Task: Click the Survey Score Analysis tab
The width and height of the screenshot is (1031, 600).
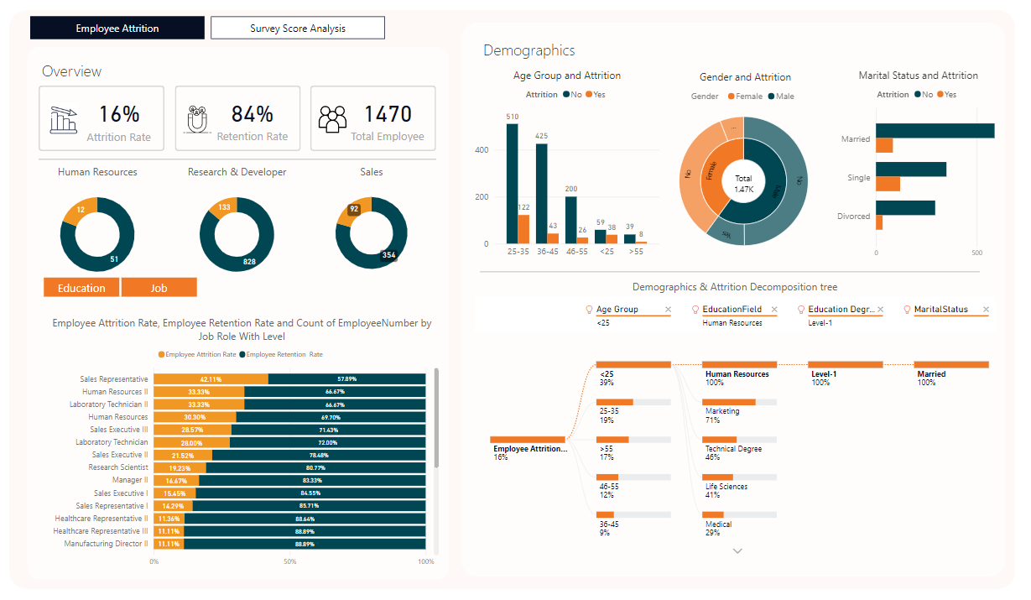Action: [297, 28]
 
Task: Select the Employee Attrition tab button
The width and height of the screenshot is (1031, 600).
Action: [117, 28]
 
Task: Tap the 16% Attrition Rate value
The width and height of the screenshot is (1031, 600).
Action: [119, 114]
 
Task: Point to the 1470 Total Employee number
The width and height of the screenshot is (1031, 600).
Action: [388, 114]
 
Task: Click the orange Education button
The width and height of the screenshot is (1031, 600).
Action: [81, 288]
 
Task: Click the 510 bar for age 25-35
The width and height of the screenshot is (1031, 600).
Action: [512, 184]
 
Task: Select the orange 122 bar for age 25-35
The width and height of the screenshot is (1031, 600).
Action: [523, 229]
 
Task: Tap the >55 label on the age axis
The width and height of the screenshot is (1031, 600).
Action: [635, 250]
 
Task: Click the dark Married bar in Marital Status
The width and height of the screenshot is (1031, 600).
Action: [935, 131]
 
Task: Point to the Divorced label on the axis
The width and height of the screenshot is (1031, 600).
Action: [854, 216]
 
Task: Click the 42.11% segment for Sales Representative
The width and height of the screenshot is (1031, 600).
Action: [211, 379]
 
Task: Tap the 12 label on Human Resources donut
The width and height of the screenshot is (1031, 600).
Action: [81, 209]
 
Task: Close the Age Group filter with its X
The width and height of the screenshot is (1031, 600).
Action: [668, 310]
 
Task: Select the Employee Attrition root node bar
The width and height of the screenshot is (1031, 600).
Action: [528, 440]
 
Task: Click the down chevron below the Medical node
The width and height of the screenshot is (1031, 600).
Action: [737, 551]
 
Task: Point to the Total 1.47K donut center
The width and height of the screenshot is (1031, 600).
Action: [743, 184]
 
